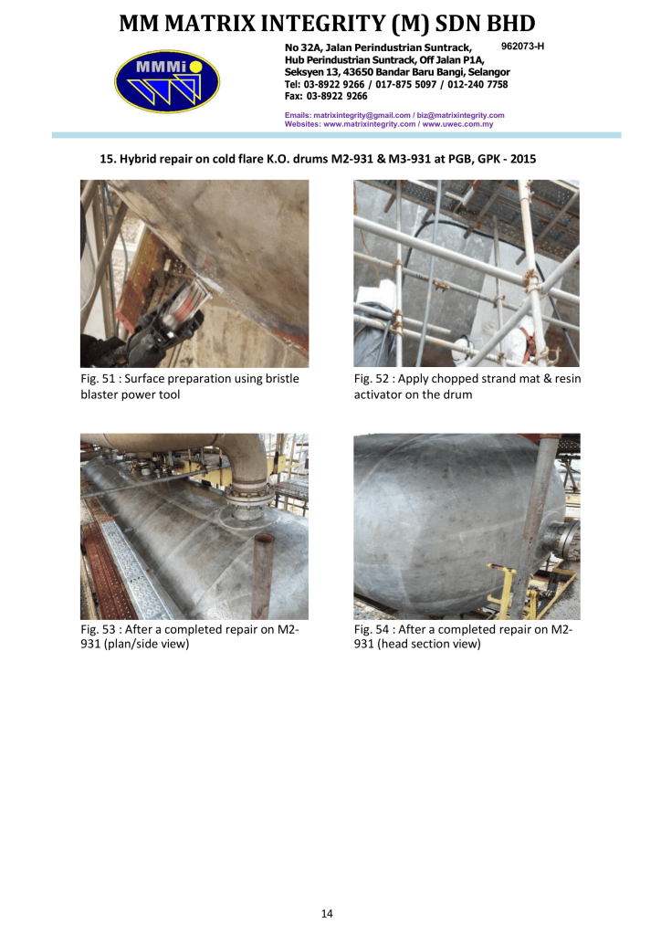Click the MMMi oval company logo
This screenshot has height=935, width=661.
point(167,81)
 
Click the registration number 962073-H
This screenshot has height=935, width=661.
point(523,46)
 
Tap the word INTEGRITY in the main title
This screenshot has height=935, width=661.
point(325,23)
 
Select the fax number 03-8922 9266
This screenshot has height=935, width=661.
point(337,96)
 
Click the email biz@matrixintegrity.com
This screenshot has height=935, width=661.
point(461,115)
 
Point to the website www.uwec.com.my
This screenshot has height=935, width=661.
point(457,124)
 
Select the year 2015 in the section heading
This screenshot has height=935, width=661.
point(523,159)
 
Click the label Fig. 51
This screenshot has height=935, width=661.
point(98,379)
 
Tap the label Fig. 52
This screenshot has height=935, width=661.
point(372,379)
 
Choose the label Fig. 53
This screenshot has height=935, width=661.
point(98,629)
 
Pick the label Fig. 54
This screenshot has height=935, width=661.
point(372,629)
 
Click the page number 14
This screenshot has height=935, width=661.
point(327,913)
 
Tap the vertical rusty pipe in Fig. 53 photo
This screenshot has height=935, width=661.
point(262,575)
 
